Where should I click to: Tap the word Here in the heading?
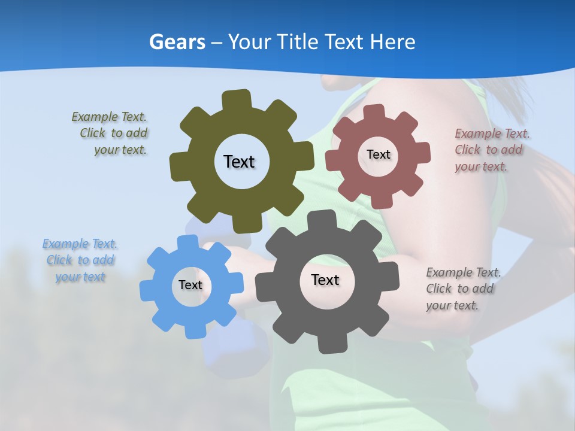tap(393, 43)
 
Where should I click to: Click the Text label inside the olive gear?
tap(239, 162)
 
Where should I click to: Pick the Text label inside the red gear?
tap(379, 154)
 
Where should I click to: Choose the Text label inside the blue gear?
tap(190, 285)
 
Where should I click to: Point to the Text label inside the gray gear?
tap(325, 280)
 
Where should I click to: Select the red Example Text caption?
tap(491, 150)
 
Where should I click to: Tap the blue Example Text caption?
tap(80, 260)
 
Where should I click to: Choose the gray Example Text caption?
tap(462, 289)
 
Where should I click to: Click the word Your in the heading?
tap(251, 43)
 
